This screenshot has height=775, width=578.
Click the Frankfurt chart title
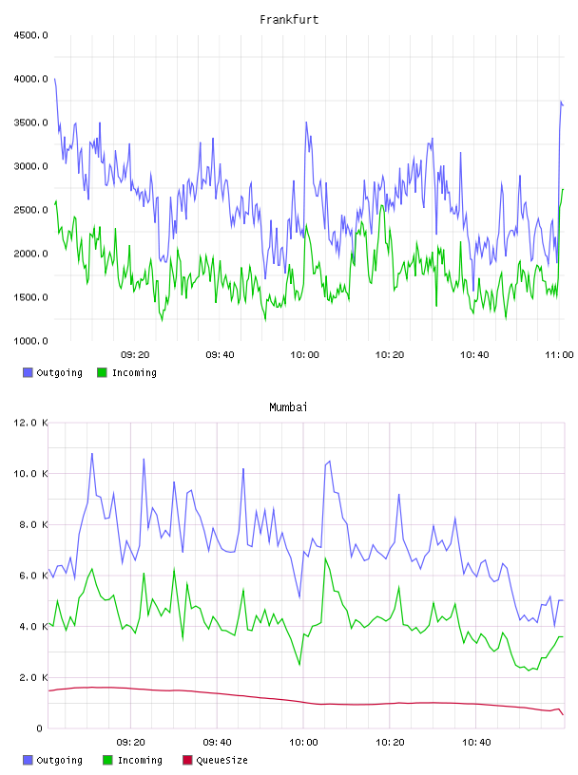(289, 19)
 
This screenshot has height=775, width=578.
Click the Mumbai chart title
(288, 406)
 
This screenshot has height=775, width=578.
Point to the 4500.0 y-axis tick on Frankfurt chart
(30, 35)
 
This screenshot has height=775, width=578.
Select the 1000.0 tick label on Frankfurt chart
(30, 341)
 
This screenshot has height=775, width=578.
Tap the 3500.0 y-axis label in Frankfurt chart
(30, 123)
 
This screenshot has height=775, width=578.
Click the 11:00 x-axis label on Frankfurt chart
(559, 354)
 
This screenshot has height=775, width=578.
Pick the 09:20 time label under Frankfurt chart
(135, 354)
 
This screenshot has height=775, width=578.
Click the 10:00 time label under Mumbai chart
(303, 742)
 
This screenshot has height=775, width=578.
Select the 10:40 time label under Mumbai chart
(476, 742)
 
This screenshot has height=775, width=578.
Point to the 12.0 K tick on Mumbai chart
(30, 423)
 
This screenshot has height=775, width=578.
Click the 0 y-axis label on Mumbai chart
(40, 728)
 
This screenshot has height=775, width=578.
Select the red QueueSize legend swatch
(187, 760)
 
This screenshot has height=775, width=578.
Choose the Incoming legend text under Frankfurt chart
(134, 372)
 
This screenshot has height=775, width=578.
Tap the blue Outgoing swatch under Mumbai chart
(28, 760)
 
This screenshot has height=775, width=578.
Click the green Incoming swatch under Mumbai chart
(107, 760)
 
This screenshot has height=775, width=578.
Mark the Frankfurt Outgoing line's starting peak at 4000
(55, 79)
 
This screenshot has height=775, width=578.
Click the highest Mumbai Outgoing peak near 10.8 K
(91, 454)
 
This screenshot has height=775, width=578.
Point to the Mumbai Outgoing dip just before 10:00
(299, 597)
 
